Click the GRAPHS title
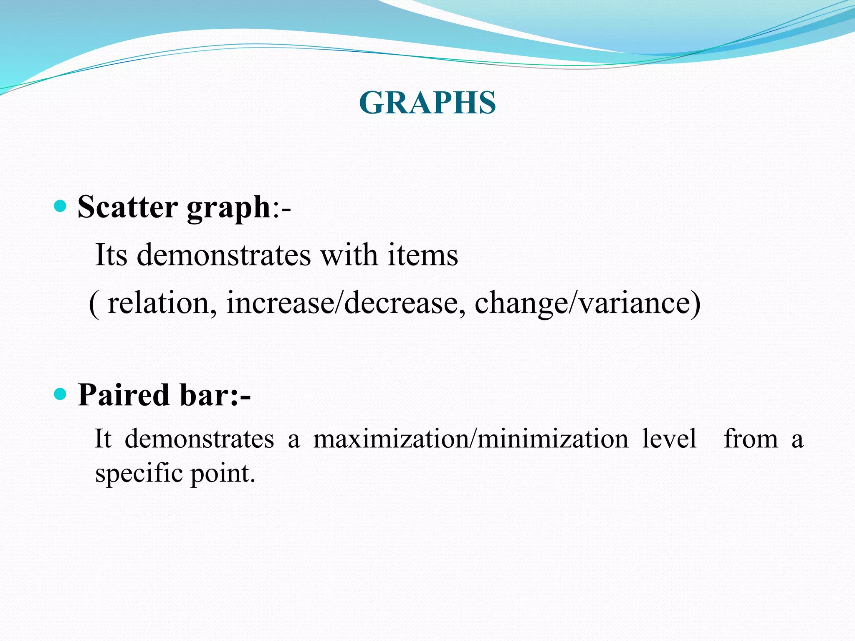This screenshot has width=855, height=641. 427,103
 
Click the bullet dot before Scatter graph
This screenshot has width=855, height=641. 61,206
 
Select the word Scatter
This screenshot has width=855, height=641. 127,207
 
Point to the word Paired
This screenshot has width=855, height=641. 123,395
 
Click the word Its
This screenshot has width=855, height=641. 111,255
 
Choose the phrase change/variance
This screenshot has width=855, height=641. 582,303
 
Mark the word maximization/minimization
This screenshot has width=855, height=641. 471,439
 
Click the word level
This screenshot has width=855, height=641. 669,439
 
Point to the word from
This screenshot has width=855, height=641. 751,439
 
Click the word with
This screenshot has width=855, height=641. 349,255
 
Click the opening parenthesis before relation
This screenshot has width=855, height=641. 94,303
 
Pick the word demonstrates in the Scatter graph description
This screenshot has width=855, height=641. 224,255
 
